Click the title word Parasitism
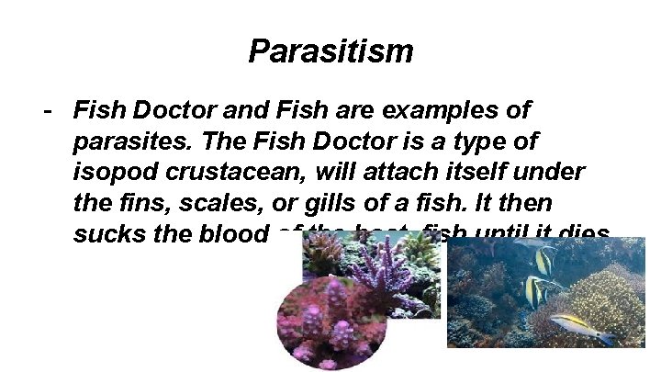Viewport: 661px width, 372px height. point(330,51)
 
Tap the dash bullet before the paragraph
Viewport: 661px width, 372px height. point(46,112)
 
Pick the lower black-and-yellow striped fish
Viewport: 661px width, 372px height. point(538,291)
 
